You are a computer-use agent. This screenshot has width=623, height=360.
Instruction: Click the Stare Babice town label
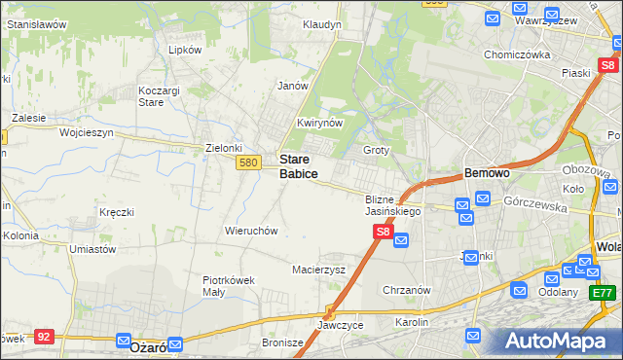(298, 165)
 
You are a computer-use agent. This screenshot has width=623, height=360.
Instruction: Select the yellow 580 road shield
(247, 162)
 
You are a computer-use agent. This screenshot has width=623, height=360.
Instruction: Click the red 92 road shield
(44, 336)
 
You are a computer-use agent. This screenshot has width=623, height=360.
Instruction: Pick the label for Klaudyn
(321, 24)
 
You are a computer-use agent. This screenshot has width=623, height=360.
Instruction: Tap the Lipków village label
(185, 50)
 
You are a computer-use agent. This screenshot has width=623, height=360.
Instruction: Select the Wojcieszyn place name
(87, 131)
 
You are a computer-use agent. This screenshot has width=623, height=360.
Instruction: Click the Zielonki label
(224, 148)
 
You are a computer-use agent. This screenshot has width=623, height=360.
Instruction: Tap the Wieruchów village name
(252, 232)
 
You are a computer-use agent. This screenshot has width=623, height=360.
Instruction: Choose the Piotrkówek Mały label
(228, 285)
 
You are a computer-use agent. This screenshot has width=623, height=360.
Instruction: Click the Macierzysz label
(319, 270)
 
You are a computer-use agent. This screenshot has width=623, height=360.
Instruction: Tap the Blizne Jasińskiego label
(392, 204)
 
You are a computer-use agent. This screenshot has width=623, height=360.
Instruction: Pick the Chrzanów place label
(407, 290)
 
